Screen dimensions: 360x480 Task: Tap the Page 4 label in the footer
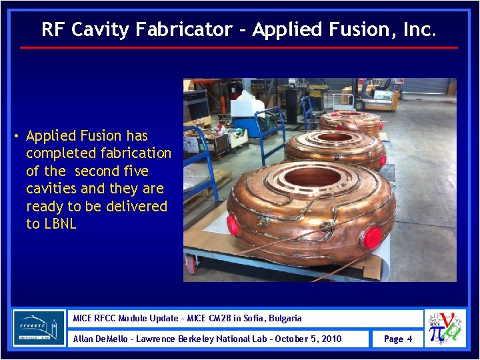click(398, 339)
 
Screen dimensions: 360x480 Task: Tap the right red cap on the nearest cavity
click(373, 237)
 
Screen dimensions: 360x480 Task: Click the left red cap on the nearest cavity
click(233, 225)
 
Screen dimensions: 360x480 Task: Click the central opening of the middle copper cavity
click(335, 137)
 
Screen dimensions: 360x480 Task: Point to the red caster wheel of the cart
click(192, 265)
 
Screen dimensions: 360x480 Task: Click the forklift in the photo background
click(377, 97)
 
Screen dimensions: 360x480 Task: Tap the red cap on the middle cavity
click(383, 161)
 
